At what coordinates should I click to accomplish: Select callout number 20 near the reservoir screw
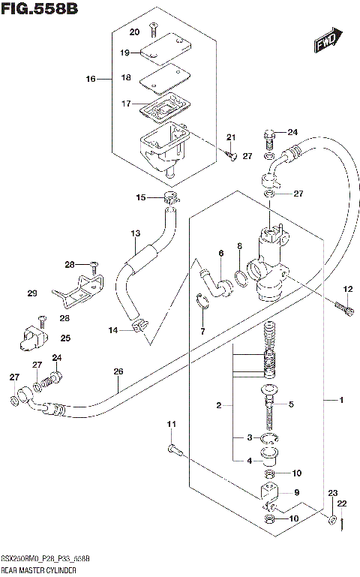(x=134, y=32)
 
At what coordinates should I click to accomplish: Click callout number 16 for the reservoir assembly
(x=91, y=79)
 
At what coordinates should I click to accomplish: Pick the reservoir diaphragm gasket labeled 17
(x=167, y=110)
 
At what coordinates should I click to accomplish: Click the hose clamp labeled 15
(x=172, y=199)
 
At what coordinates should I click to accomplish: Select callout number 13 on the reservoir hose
(x=134, y=234)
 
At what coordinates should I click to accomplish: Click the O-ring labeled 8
(x=241, y=278)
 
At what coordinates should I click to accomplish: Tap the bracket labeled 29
(x=75, y=293)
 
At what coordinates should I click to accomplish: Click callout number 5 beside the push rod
(x=291, y=404)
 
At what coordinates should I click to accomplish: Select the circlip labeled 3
(x=270, y=440)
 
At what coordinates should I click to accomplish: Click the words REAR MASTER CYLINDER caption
(x=37, y=571)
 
